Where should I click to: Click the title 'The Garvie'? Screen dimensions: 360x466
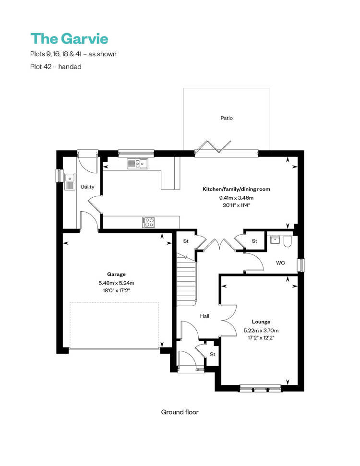click(x=69, y=39)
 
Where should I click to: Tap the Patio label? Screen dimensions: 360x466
click(x=227, y=118)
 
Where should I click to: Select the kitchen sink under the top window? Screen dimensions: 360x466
click(x=138, y=164)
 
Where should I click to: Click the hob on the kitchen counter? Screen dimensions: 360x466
click(x=149, y=222)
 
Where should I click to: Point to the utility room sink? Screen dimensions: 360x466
click(x=70, y=181)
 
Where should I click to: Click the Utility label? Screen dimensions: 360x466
click(x=87, y=187)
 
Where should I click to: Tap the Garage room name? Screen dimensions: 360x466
click(x=116, y=275)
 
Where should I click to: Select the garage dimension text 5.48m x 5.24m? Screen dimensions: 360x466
click(x=116, y=283)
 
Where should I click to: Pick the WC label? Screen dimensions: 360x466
click(x=280, y=263)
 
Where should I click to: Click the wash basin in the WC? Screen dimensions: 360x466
click(x=275, y=240)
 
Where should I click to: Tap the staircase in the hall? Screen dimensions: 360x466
click(x=186, y=279)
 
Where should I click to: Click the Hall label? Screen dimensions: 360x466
click(x=204, y=316)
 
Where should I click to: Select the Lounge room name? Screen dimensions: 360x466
click(x=261, y=322)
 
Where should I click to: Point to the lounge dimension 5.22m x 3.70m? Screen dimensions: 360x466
click(x=261, y=330)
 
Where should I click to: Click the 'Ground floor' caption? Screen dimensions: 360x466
click(x=180, y=412)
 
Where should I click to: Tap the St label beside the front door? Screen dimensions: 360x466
click(x=213, y=354)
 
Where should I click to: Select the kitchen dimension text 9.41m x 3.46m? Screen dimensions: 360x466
click(x=236, y=198)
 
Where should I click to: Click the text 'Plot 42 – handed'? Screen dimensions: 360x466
click(x=56, y=67)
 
